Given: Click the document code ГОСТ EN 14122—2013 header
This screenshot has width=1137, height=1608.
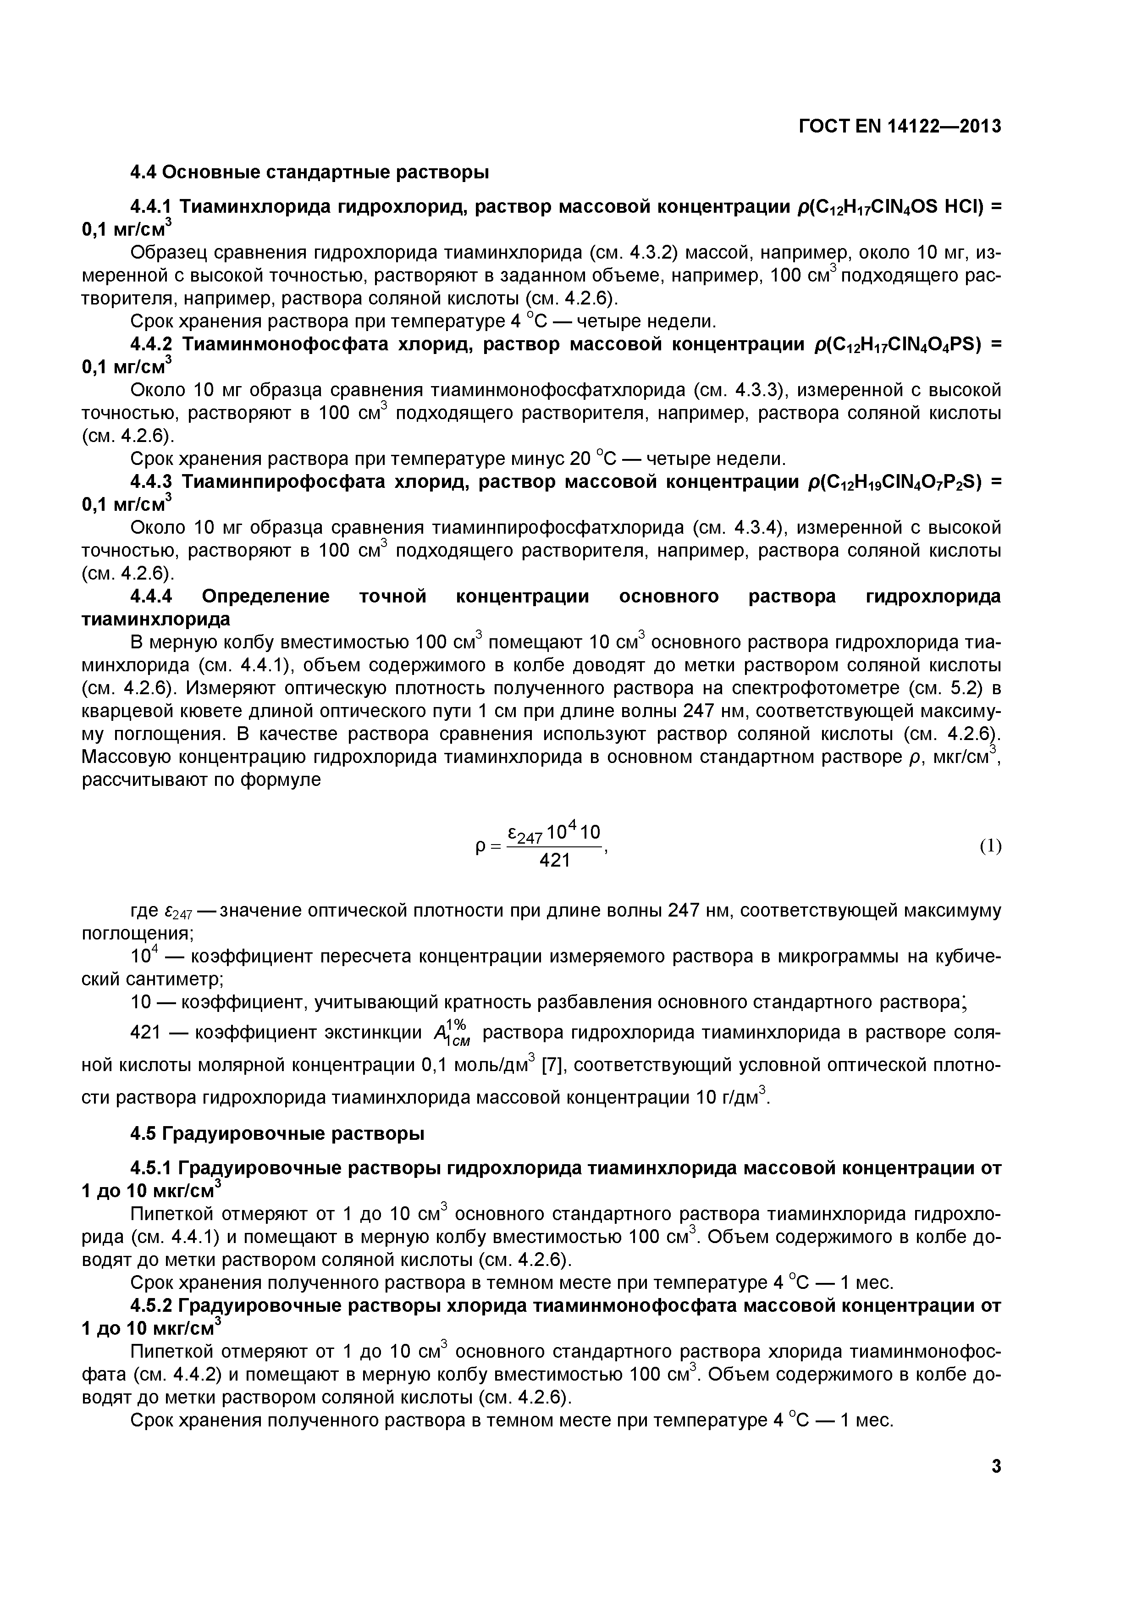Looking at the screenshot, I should pyautogui.click(x=899, y=126).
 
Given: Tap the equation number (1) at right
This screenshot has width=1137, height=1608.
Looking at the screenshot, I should pyautogui.click(x=990, y=846).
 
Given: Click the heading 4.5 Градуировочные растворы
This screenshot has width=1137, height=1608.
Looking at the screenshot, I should pyautogui.click(x=278, y=1133).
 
